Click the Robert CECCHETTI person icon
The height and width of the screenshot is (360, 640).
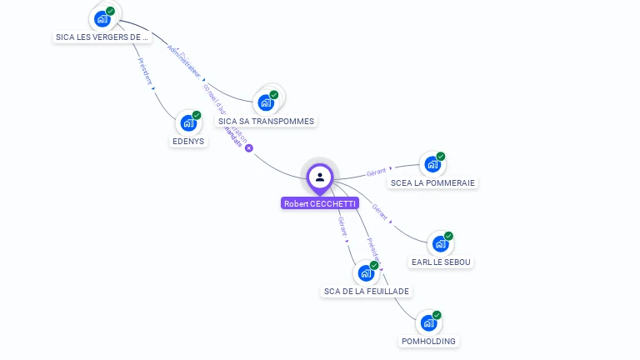point(320,177)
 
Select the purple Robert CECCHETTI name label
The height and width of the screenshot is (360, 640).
point(320,203)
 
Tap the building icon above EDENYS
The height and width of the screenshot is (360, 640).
point(188,124)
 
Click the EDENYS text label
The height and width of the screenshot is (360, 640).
point(188,141)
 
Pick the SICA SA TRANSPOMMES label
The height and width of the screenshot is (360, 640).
point(267,121)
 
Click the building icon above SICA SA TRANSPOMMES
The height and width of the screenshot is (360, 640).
point(267,102)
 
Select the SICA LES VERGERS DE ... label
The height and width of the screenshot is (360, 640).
point(101,37)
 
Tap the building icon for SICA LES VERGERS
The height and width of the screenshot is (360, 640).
point(102,18)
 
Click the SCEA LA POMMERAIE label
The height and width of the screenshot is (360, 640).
point(433,182)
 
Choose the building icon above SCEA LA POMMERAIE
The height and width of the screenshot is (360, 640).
point(432,164)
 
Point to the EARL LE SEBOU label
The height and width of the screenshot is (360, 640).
point(441,262)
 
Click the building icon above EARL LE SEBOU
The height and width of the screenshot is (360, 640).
point(440,244)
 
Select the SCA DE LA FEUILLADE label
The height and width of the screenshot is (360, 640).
point(367,291)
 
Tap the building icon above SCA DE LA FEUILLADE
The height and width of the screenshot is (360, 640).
point(366,272)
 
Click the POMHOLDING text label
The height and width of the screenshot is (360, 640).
point(428,341)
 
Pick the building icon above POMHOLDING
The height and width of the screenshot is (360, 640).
point(428,322)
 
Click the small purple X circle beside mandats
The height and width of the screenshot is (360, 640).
point(248,147)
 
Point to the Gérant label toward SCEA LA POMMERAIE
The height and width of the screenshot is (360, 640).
point(377,172)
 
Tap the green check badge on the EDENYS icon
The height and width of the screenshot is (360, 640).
point(197,116)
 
